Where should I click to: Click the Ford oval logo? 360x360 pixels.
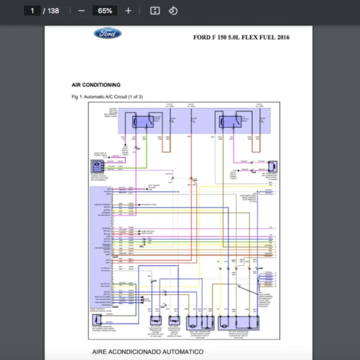107,34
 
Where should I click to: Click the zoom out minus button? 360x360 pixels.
82,11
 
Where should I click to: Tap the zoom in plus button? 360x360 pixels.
128,11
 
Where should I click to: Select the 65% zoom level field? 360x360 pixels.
105,11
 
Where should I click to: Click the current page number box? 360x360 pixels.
32,11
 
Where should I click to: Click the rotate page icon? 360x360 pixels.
173,11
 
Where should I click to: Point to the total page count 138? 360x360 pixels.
53,11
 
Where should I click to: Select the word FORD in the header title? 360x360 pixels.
202,37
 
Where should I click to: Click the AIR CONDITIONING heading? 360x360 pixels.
95,85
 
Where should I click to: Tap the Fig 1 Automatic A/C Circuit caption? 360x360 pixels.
107,97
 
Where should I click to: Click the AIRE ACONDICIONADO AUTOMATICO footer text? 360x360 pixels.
148,352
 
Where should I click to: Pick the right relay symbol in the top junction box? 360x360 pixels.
229,121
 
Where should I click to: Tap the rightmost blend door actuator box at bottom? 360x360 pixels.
239,322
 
